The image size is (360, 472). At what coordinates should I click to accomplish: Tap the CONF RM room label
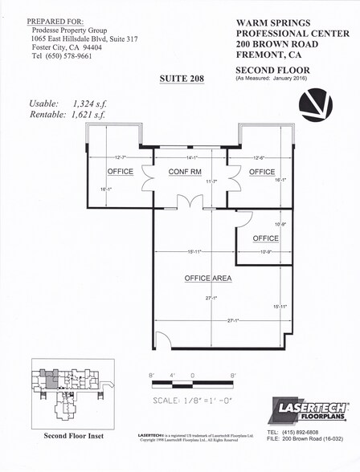point(184,173)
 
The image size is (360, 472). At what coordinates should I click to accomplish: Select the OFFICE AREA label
point(208,279)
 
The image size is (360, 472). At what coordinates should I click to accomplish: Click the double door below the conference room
point(190,201)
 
